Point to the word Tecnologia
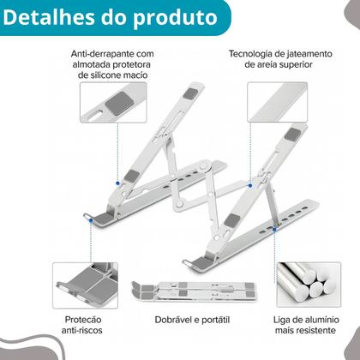point(258,54)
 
